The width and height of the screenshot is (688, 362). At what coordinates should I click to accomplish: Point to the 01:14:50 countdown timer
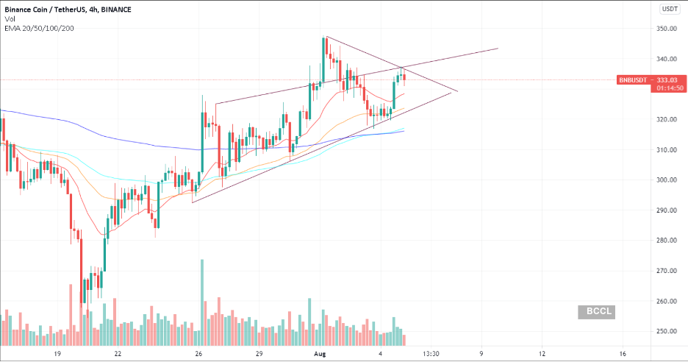pyautogui.click(x=662, y=88)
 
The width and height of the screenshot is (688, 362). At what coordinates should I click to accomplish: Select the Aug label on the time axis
pyautogui.click(x=319, y=354)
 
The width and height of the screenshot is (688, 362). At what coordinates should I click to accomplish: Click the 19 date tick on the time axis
pyautogui.click(x=56, y=354)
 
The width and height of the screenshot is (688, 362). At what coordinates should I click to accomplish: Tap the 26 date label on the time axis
pyautogui.click(x=198, y=354)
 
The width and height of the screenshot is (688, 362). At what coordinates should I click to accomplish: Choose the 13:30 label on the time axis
pyautogui.click(x=431, y=354)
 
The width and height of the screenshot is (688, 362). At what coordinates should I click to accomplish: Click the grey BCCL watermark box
pyautogui.click(x=595, y=312)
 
